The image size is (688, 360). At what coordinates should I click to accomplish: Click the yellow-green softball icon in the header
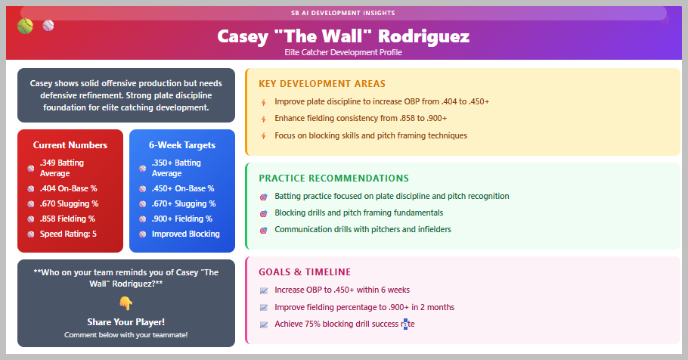[25, 26]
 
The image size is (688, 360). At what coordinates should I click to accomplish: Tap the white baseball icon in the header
[48, 26]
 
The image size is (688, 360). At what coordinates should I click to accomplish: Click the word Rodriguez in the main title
[423, 37]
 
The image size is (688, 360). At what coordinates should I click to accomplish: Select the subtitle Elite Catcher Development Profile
[343, 52]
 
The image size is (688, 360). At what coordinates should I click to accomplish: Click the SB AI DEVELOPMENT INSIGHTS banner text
[343, 13]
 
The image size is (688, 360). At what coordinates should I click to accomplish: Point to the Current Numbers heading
[70, 145]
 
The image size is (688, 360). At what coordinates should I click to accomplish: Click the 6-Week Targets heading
[182, 145]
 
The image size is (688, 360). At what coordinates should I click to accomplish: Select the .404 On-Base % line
[69, 189]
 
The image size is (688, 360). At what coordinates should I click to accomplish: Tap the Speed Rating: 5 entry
[69, 234]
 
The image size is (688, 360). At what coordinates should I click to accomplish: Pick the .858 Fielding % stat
[67, 219]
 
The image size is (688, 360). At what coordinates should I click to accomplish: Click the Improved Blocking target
[185, 234]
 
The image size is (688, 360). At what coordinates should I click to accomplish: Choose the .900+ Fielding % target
[182, 219]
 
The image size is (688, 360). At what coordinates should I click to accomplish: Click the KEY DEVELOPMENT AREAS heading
[322, 84]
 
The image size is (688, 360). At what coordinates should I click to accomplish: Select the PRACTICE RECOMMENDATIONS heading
[334, 178]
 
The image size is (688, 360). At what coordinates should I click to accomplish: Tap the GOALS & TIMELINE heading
[305, 272]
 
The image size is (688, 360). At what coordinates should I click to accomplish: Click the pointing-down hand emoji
[126, 303]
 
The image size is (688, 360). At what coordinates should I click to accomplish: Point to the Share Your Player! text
[126, 322]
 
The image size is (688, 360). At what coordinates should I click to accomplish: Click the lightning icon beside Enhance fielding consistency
[264, 119]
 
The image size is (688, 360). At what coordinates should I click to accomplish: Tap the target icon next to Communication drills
[264, 230]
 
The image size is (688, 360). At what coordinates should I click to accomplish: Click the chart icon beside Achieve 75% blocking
[264, 325]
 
